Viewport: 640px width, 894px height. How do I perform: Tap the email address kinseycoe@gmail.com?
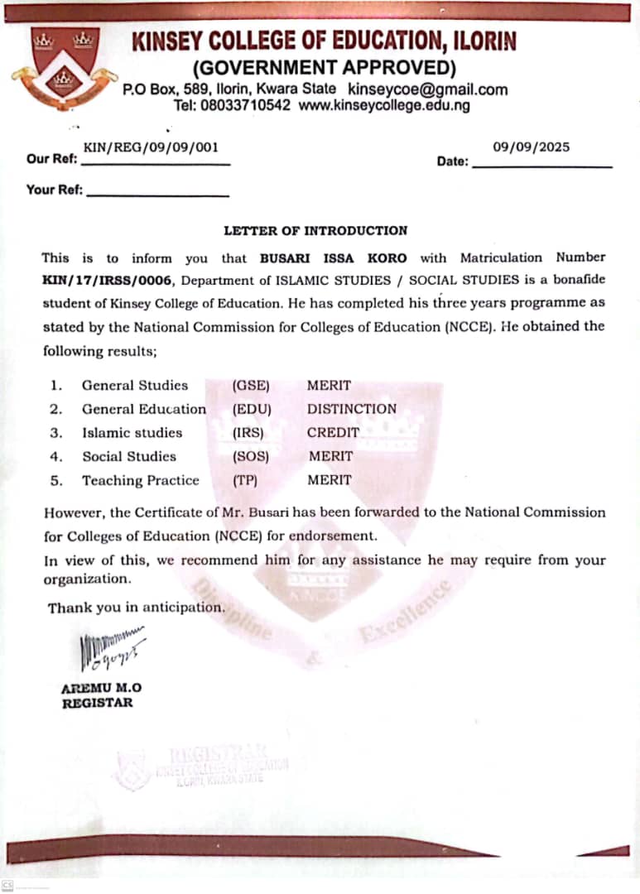tap(427, 89)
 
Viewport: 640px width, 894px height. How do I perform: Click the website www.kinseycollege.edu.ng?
tap(383, 106)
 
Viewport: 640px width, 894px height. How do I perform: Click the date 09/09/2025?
tap(531, 147)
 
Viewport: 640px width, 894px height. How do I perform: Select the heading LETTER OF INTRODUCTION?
tap(315, 231)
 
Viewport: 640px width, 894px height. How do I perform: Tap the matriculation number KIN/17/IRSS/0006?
tap(105, 281)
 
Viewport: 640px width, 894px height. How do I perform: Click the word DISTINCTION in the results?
tap(351, 409)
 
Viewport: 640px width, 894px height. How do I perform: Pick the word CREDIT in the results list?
tap(333, 432)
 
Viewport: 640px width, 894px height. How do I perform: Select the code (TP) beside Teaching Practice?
tap(247, 480)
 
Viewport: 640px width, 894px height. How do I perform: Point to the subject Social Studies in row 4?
tap(128, 456)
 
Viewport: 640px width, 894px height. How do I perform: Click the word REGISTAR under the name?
tap(97, 704)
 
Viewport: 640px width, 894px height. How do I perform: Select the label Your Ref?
tap(55, 190)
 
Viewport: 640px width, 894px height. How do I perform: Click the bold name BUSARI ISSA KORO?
tap(333, 258)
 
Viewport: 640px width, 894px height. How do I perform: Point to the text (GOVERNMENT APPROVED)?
tap(324, 67)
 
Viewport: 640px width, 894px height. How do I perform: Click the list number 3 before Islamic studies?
tap(55, 433)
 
